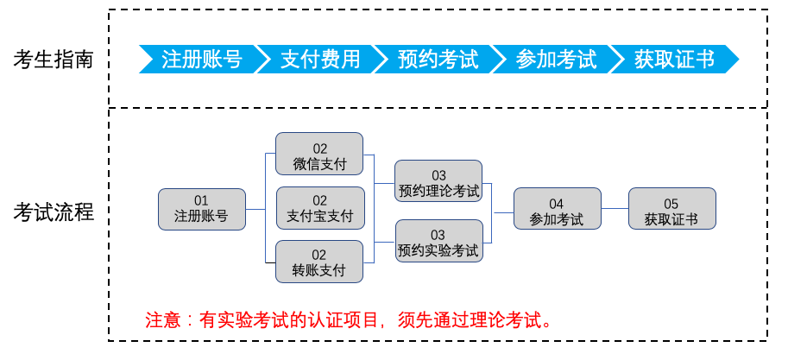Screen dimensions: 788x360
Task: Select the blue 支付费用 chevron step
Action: (320, 60)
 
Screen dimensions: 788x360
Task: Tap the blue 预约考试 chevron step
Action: (438, 60)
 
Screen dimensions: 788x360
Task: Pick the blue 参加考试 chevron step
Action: (556, 60)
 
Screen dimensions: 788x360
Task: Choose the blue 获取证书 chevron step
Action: (674, 60)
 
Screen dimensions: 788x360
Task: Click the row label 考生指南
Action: (54, 60)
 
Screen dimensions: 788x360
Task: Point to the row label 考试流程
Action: (54, 212)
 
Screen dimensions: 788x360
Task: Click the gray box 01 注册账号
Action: (202, 209)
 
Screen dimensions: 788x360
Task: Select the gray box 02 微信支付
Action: (319, 154)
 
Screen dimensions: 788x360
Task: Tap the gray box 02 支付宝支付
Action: (320, 208)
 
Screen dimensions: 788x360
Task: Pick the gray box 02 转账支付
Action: (319, 262)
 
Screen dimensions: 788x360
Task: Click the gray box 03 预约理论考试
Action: (438, 181)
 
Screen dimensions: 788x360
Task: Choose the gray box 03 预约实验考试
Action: (439, 241)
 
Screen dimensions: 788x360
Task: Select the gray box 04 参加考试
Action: (558, 209)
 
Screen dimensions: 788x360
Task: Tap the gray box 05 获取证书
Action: (671, 209)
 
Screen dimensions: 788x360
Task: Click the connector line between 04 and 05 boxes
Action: (615, 208)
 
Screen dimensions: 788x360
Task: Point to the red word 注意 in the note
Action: (163, 319)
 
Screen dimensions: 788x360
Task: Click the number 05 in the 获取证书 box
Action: (671, 204)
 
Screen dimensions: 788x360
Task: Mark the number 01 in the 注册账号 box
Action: (201, 201)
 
